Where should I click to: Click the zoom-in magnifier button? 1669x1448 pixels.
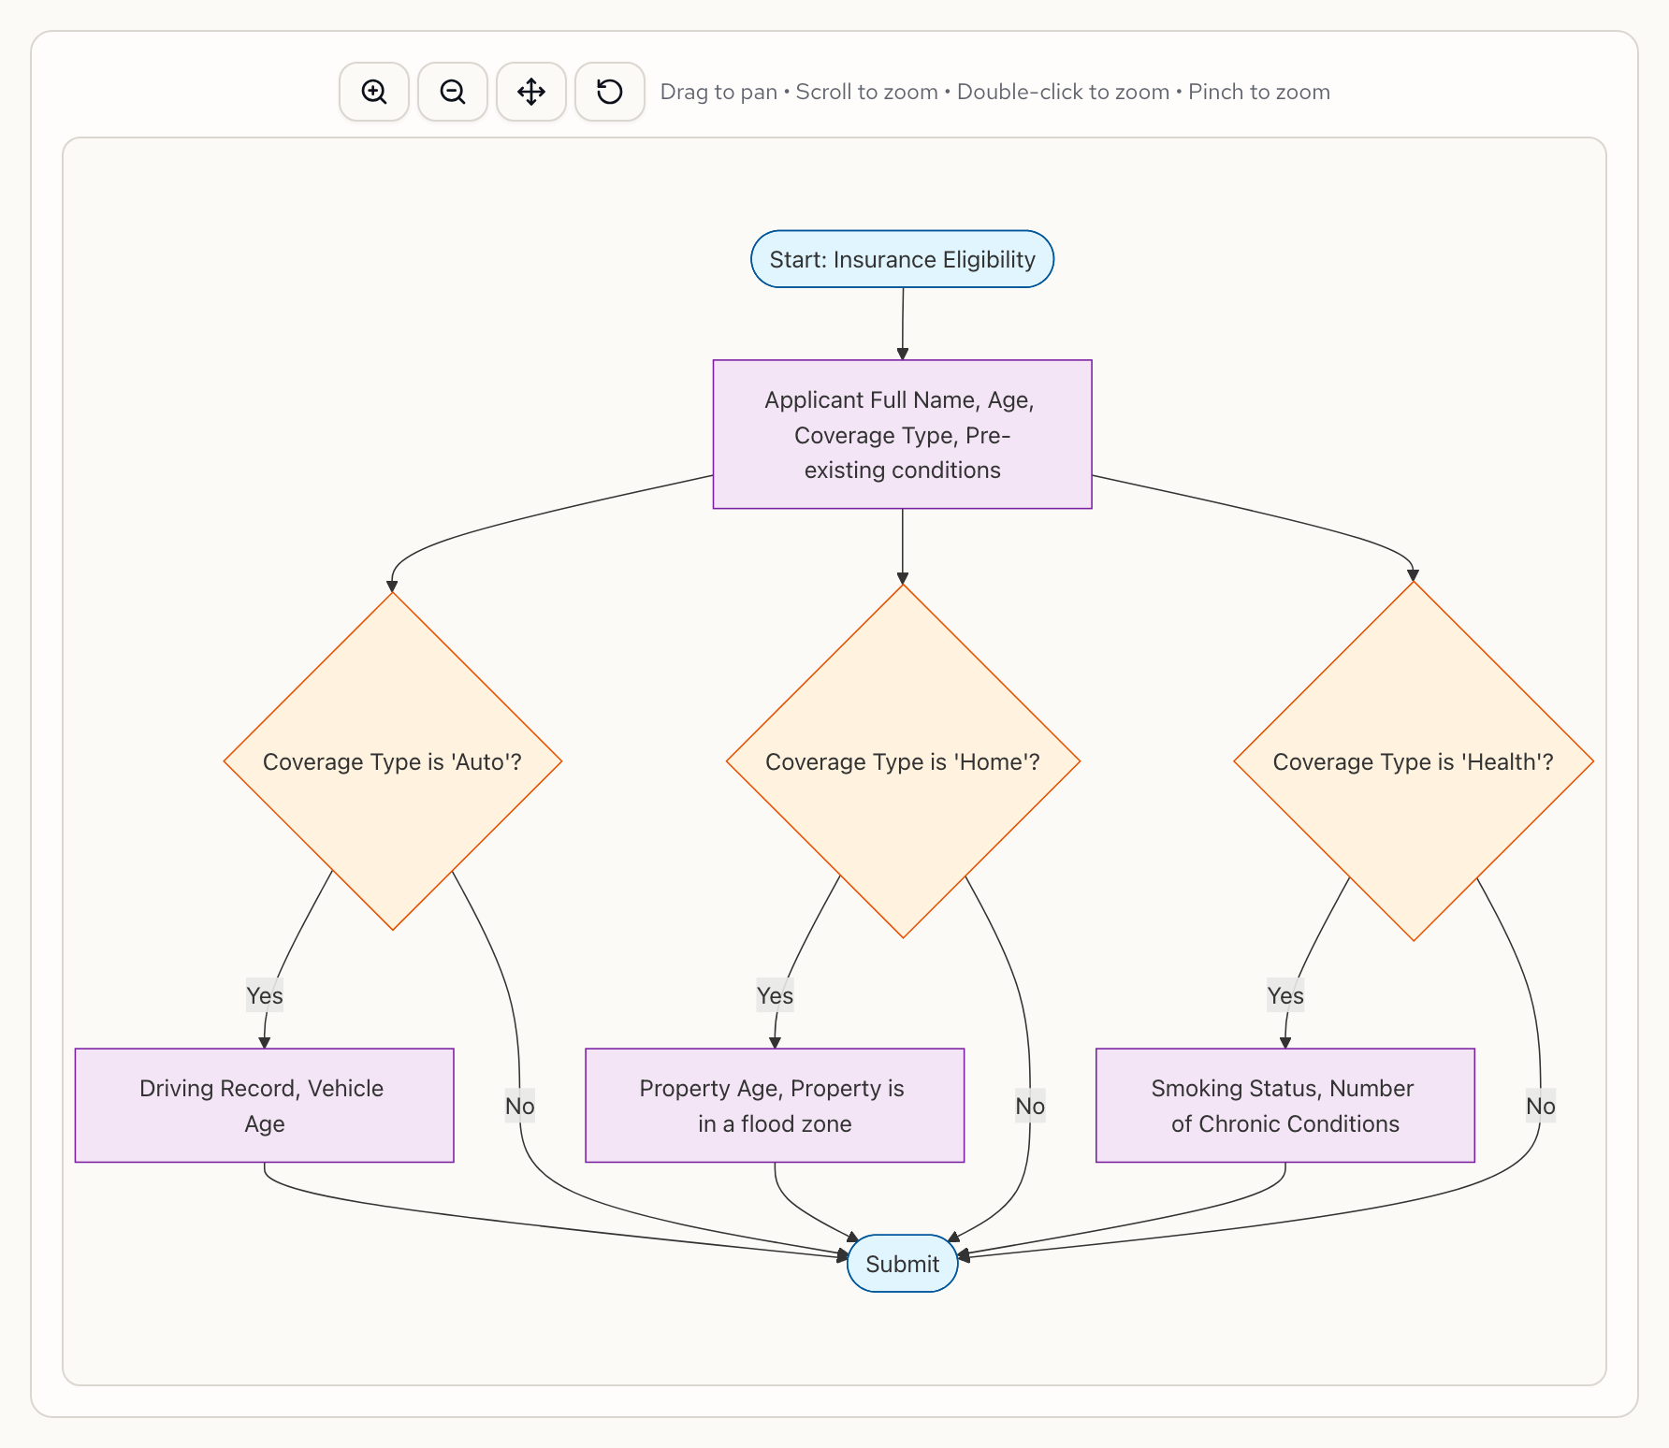click(x=374, y=92)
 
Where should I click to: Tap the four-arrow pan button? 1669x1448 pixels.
click(x=531, y=92)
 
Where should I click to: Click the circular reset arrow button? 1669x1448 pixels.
click(x=610, y=92)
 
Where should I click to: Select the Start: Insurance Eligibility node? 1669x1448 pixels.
click(x=902, y=259)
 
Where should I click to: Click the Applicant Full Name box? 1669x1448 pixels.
click(x=902, y=434)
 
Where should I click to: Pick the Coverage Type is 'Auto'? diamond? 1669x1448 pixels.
click(x=392, y=761)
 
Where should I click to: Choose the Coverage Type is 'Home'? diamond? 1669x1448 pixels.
click(x=903, y=761)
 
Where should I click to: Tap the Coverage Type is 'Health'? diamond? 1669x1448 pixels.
click(x=1413, y=761)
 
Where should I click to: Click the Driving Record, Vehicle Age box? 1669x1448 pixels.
click(x=264, y=1106)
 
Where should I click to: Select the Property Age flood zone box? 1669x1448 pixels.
click(x=775, y=1106)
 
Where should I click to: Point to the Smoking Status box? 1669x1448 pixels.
click(x=1284, y=1106)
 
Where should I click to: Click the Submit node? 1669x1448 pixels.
click(x=902, y=1264)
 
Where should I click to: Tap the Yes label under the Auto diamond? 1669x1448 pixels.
click(x=265, y=995)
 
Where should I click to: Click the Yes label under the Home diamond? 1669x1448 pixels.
click(x=775, y=995)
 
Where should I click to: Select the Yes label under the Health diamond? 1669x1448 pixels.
click(x=1285, y=995)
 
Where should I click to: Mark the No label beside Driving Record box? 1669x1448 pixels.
click(x=519, y=1106)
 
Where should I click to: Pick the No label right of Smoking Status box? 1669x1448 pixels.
click(x=1540, y=1106)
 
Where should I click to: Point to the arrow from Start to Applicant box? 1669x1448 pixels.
click(x=903, y=324)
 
